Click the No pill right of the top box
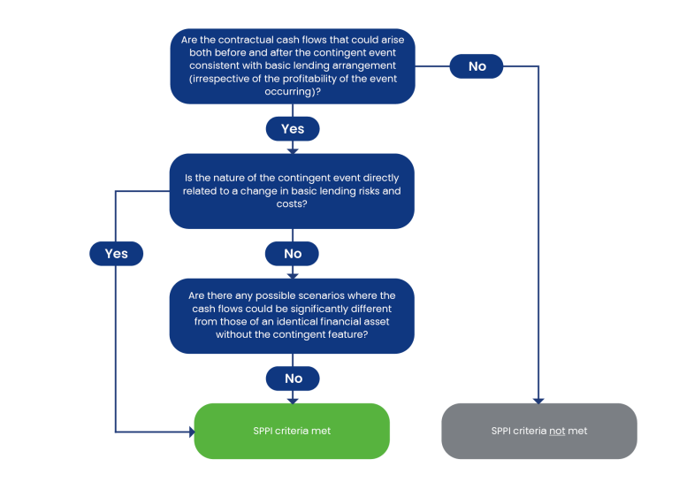[477, 66]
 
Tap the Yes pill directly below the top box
[293, 128]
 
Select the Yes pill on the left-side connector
[116, 253]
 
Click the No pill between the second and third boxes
[293, 253]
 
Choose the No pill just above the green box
[293, 379]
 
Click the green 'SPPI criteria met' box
[292, 431]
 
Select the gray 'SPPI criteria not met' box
[539, 431]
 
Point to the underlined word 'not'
[557, 431]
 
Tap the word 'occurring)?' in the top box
[293, 92]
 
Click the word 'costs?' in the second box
[292, 204]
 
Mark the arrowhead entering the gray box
[538, 401]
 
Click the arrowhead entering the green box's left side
[192, 432]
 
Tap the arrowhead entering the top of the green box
[293, 401]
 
